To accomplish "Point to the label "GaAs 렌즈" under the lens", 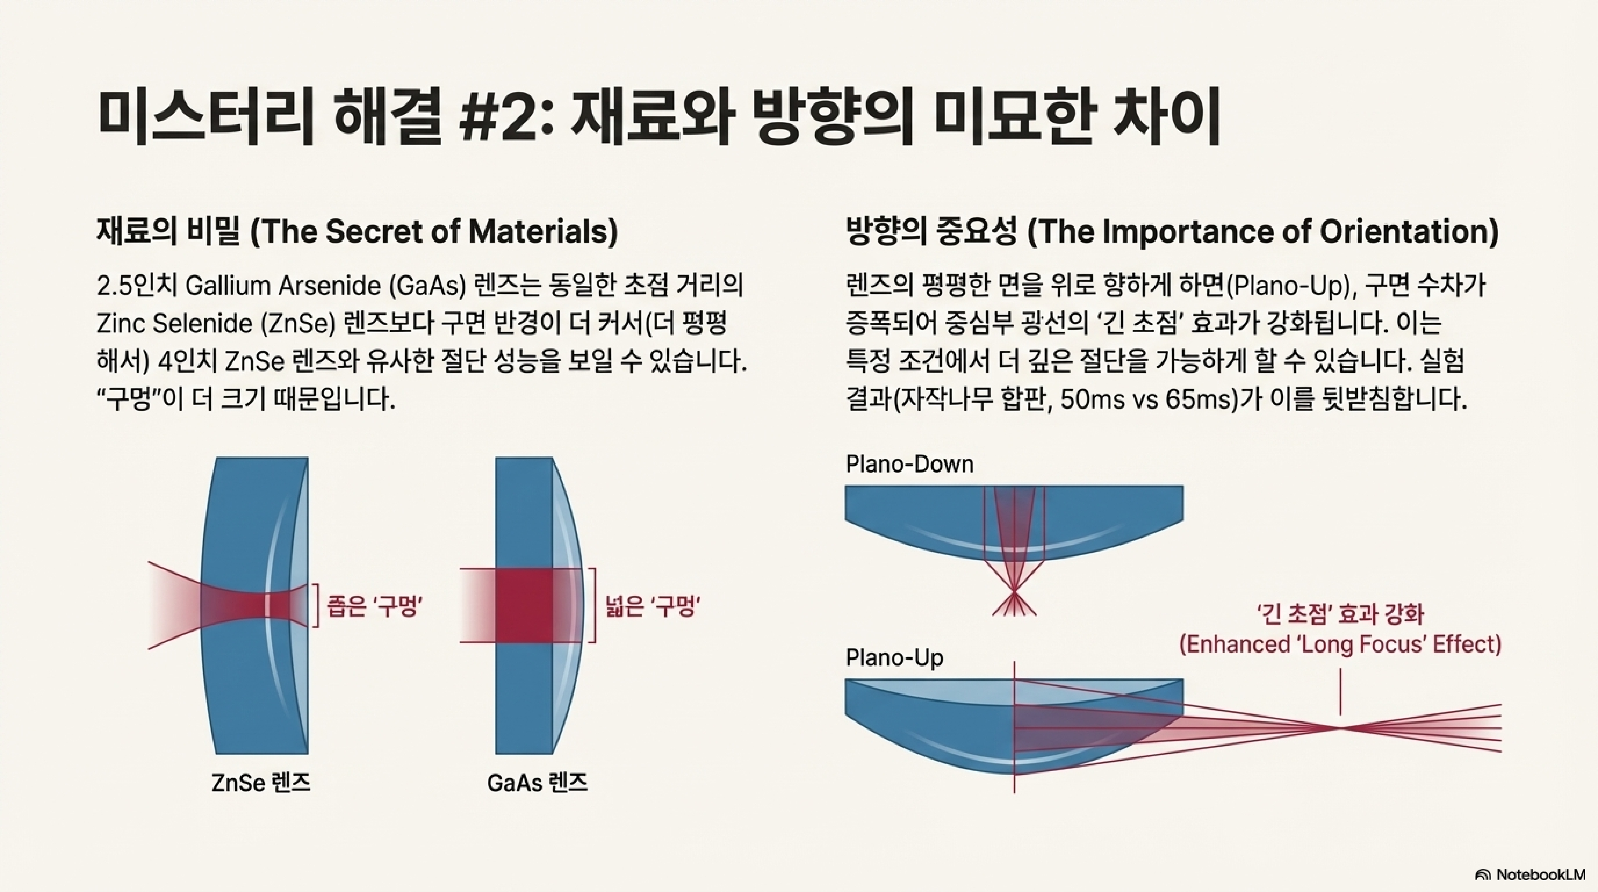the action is [537, 783].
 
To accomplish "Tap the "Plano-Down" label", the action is [910, 464].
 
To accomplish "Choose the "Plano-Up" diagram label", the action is [894, 658].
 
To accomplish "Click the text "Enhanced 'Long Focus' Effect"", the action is [1340, 644].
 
